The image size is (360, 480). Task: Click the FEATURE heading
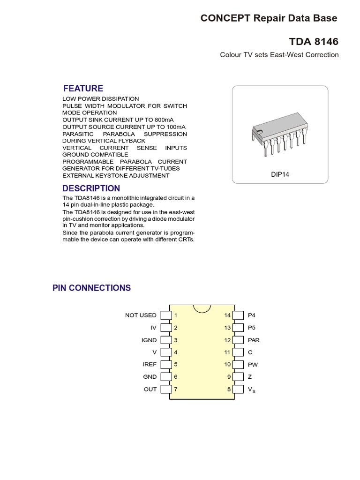(x=83, y=89)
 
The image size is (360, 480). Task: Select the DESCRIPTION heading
(x=91, y=188)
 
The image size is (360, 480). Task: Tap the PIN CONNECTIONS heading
(x=91, y=288)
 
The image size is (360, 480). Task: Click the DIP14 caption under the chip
(x=280, y=174)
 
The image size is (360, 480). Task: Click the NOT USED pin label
(x=141, y=315)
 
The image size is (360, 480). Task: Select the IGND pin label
(x=149, y=340)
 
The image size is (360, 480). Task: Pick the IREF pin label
(x=150, y=364)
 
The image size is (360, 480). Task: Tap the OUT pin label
(x=150, y=389)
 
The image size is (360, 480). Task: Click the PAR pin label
(x=254, y=340)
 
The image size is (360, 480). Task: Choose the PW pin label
(x=253, y=364)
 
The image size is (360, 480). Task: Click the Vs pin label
(x=252, y=390)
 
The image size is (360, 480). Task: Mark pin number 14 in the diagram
(x=227, y=315)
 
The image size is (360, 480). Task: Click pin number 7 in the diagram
(x=176, y=389)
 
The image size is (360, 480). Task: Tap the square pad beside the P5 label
(x=239, y=328)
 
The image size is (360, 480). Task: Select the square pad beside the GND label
(x=165, y=376)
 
